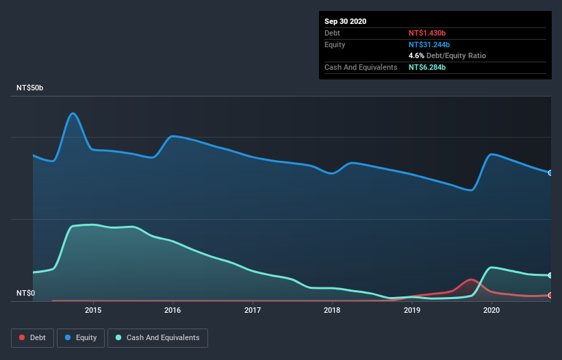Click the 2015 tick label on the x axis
click(x=93, y=310)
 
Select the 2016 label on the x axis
click(x=173, y=310)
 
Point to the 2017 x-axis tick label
click(x=253, y=310)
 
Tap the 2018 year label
click(x=332, y=310)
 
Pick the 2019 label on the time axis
click(x=412, y=310)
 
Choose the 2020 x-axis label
click(x=491, y=310)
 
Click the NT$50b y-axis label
click(x=31, y=88)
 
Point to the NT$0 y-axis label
click(x=25, y=294)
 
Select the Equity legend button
click(x=81, y=337)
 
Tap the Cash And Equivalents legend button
click(x=157, y=337)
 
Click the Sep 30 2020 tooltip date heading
click(x=345, y=21)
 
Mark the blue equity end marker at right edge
click(x=550, y=172)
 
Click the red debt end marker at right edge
click(x=550, y=295)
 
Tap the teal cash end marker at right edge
click(x=550, y=275)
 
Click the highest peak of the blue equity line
click(x=73, y=113)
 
